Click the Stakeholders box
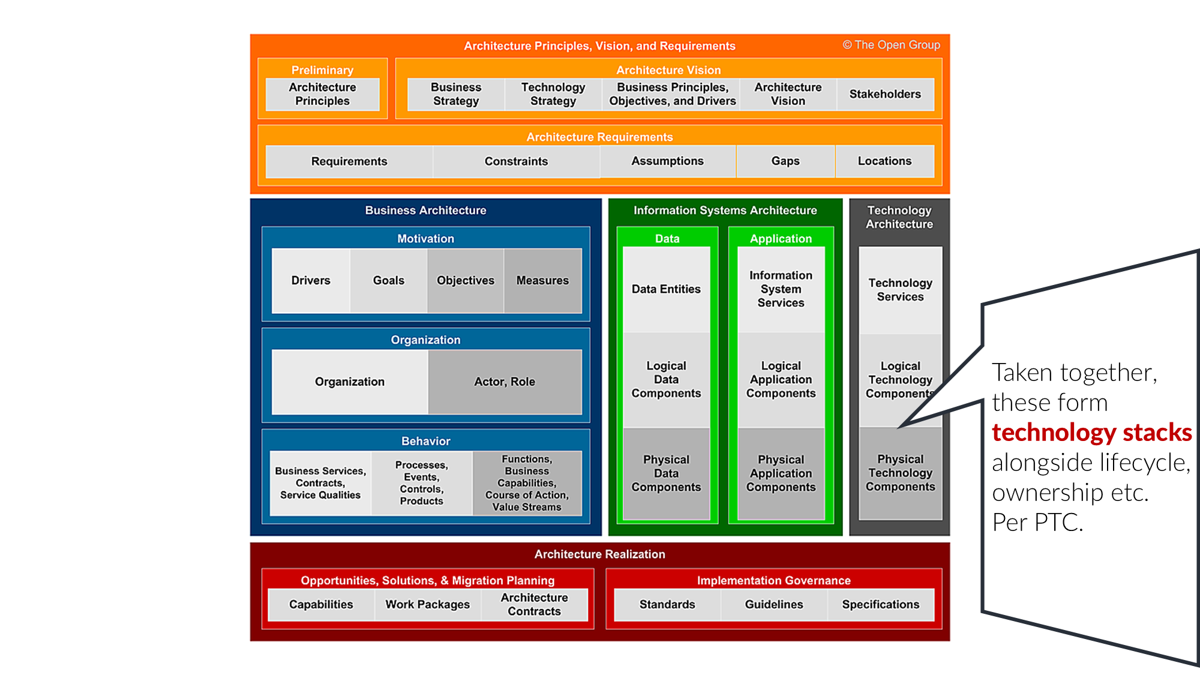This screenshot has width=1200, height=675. tap(885, 94)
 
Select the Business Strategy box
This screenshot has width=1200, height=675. tap(456, 94)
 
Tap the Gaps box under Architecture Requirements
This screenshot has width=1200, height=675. tap(785, 161)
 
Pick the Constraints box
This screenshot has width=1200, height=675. tap(516, 161)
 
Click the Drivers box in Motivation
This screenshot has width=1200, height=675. tap(311, 280)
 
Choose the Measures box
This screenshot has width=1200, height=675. tap(542, 280)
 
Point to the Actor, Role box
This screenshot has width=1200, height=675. tap(505, 382)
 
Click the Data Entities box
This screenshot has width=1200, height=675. tap(666, 289)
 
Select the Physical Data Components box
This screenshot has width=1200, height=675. tap(666, 473)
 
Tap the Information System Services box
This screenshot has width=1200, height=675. tap(781, 289)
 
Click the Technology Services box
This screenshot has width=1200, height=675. tap(900, 290)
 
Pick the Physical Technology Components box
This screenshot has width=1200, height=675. tap(900, 473)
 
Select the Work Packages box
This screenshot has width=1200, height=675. tap(427, 604)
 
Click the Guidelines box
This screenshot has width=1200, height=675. tap(774, 604)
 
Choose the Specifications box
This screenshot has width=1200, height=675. tap(880, 604)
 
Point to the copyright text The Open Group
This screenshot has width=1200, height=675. tap(891, 45)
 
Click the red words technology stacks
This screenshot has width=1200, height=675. tap(1091, 433)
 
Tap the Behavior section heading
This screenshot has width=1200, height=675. tap(425, 441)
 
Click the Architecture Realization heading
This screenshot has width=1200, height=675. tap(599, 554)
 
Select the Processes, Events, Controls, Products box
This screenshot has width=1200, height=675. tap(421, 483)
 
